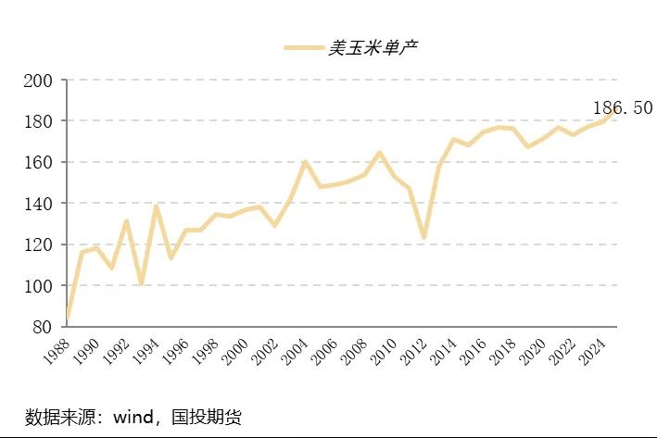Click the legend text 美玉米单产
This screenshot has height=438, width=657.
click(373, 47)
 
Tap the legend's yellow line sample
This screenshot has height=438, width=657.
click(303, 47)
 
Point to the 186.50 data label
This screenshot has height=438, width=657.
click(624, 108)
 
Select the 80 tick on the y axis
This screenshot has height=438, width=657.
click(42, 327)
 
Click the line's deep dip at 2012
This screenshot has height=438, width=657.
click(423, 238)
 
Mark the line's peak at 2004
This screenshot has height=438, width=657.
click(305, 162)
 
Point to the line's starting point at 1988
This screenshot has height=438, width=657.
click(68, 317)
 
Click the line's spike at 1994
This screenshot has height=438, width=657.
click(157, 206)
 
